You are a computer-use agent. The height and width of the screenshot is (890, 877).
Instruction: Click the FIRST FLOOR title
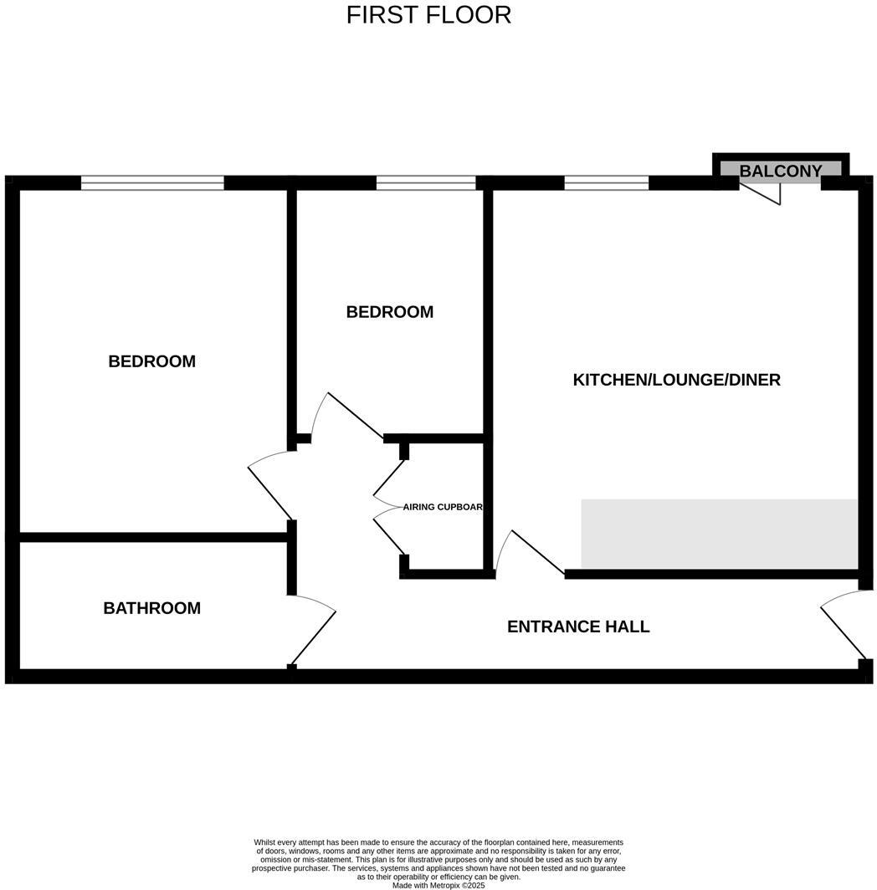[428, 15]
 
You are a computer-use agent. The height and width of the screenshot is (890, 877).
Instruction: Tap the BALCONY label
[780, 171]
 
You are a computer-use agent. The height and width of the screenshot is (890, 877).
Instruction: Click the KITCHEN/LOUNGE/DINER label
[676, 380]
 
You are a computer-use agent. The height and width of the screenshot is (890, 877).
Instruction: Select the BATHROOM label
[151, 608]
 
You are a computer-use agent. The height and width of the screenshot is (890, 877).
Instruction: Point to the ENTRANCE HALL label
[578, 627]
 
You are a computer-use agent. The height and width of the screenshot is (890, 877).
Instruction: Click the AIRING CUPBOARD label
[443, 507]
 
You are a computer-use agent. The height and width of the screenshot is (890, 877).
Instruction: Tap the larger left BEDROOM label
[151, 361]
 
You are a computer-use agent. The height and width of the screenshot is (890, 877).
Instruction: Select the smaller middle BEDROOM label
[389, 312]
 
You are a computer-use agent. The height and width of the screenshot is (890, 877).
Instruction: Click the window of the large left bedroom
[152, 183]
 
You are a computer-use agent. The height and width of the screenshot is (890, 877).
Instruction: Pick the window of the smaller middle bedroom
[426, 183]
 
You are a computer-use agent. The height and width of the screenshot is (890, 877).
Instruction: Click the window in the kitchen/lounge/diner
[607, 183]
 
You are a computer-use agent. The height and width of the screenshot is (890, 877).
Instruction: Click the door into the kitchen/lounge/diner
[531, 552]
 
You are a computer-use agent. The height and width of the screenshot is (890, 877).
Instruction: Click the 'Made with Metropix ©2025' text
[438, 885]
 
